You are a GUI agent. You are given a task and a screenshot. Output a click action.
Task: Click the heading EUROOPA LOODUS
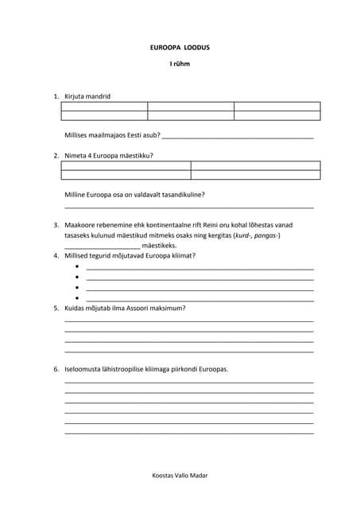[x=180, y=48]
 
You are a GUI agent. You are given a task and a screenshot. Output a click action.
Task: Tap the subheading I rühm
[x=180, y=64]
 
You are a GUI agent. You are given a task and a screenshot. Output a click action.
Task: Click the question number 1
[x=56, y=96]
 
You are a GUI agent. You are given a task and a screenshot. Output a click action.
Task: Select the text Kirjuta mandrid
[x=87, y=96]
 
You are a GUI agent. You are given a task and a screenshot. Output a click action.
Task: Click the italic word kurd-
[x=242, y=236]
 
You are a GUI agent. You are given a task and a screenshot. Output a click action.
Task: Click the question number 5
[x=56, y=308]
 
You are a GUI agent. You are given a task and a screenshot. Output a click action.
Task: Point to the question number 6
[x=56, y=370]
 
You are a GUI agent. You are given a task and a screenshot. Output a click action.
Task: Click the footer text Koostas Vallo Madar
[x=180, y=475]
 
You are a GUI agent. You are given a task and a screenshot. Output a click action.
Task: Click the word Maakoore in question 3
[x=79, y=226]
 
